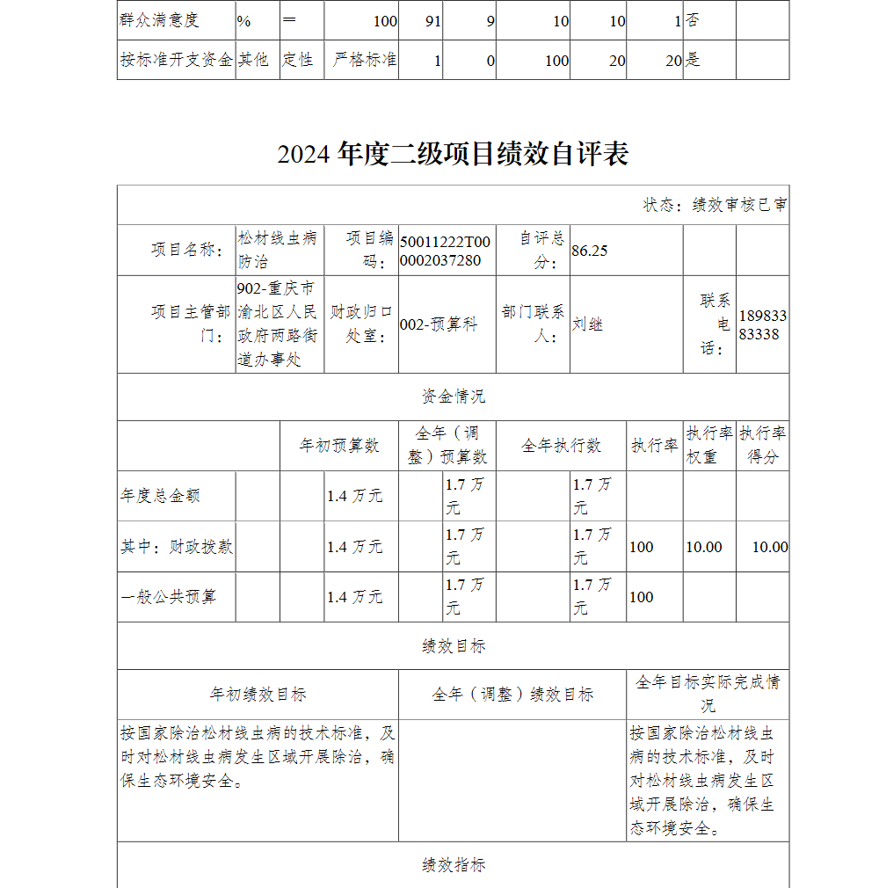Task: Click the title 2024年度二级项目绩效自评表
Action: point(453,155)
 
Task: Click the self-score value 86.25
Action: point(590,251)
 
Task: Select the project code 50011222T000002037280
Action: point(446,251)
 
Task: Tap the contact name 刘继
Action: point(587,324)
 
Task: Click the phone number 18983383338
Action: point(762,324)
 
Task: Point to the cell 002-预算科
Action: point(439,324)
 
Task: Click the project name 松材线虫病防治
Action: point(277,250)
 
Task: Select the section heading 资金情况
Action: point(453,397)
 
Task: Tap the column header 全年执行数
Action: point(561,446)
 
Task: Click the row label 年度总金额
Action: point(160,496)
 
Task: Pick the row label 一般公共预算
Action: point(168,597)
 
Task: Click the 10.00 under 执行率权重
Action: point(703,547)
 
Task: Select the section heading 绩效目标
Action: point(453,646)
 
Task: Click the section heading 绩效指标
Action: point(453,865)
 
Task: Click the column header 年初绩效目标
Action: point(258,695)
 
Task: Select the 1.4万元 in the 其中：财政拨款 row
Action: point(354,547)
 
